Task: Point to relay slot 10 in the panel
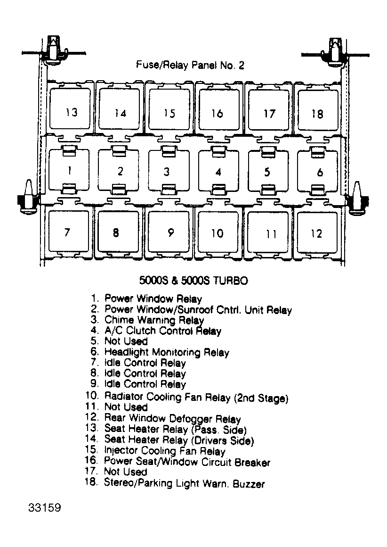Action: click(218, 232)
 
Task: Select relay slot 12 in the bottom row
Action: click(317, 232)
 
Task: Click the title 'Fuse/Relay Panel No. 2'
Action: click(190, 65)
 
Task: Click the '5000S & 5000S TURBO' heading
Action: click(193, 281)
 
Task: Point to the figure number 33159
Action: click(44, 507)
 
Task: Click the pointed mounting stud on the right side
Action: click(357, 197)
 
